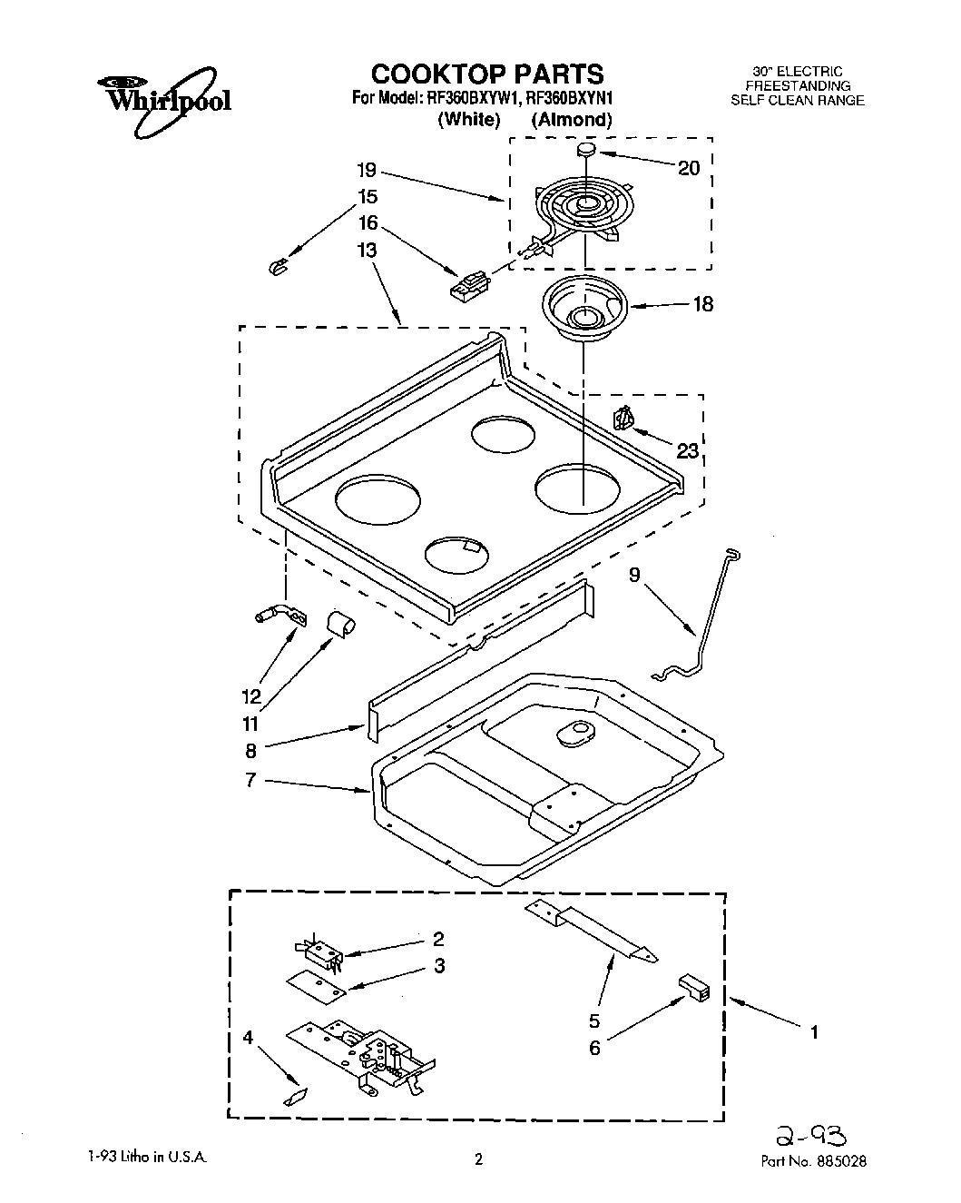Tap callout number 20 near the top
click(x=690, y=168)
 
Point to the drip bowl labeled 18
click(x=583, y=309)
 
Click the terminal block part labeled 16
click(x=467, y=283)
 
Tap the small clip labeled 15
click(x=279, y=265)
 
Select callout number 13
click(x=367, y=250)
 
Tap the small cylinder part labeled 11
click(x=341, y=625)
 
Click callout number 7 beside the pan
click(x=250, y=779)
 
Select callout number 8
click(x=250, y=750)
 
